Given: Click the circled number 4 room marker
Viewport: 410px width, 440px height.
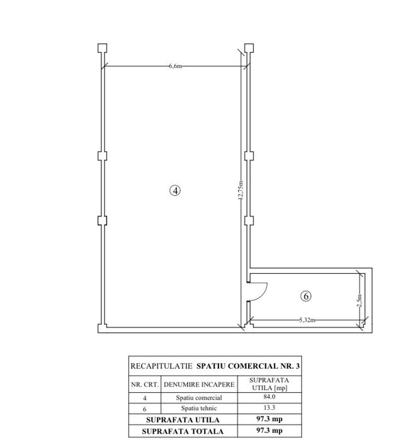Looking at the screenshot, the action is pos(175,191).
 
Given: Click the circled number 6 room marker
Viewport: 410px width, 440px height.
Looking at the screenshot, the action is pos(306,296).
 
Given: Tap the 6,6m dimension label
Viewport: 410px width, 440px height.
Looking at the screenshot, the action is pos(175,66).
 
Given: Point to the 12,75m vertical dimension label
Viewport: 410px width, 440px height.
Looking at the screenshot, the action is pos(241,190).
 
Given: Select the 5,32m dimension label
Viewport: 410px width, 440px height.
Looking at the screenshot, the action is pos(307,320).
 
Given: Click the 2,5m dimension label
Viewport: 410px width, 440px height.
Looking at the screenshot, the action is pos(360,300).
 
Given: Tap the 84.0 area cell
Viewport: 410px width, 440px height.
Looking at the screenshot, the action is pos(270,397).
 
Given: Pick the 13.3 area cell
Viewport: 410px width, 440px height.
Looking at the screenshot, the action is pos(270,407).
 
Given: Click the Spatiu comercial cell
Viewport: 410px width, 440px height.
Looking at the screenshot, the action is pos(199,398).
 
